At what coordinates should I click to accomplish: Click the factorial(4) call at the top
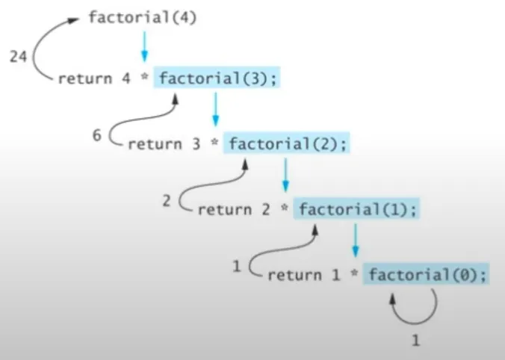point(143,16)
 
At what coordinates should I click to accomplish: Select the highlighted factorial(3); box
point(218,78)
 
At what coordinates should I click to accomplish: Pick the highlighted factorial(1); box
point(357,209)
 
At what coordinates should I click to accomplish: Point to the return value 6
point(97,137)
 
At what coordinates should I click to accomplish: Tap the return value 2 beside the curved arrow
point(167,200)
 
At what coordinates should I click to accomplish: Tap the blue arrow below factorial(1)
point(356,240)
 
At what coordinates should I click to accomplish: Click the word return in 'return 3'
point(154,144)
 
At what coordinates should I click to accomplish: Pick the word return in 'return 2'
point(224,210)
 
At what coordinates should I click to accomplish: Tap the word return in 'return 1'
point(294,275)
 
